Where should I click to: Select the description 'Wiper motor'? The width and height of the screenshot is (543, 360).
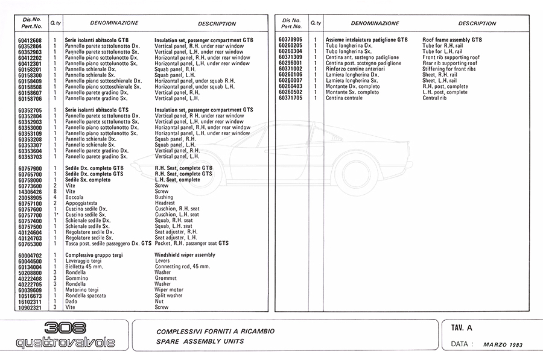pyautogui.click(x=169, y=290)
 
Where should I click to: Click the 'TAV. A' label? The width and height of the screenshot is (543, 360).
pyautogui.click(x=462, y=328)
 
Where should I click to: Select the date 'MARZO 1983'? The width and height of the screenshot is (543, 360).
pyautogui.click(x=503, y=345)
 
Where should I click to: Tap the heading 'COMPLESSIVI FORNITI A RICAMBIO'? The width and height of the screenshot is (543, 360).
pyautogui.click(x=215, y=332)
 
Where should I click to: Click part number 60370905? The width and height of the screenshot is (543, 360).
pyautogui.click(x=291, y=40)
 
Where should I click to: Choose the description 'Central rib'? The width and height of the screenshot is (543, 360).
pyautogui.click(x=434, y=98)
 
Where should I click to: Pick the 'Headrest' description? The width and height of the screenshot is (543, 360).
pyautogui.click(x=166, y=204)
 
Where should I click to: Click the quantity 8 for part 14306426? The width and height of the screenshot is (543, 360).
pyautogui.click(x=55, y=192)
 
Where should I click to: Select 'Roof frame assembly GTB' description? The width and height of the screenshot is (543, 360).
pyautogui.click(x=452, y=40)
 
